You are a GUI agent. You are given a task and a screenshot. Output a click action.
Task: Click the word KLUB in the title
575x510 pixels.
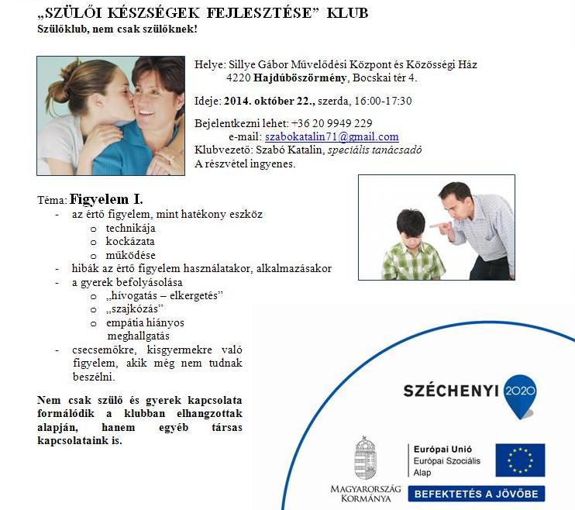343,13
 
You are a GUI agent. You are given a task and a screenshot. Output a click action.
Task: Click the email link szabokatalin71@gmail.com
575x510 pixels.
337,136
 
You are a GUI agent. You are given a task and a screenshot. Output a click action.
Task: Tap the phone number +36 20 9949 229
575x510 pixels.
331,123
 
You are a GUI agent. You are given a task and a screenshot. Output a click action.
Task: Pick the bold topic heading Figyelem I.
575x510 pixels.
106,198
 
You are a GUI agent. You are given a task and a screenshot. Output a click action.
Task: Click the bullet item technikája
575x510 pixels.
130,228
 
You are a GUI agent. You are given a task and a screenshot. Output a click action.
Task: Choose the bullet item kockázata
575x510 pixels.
130,241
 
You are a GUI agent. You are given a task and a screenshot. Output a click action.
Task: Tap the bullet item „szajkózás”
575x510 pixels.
129,308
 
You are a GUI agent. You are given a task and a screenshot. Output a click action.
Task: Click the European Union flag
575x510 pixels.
520,460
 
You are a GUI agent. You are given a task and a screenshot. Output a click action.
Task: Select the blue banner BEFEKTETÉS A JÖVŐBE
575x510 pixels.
477,493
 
